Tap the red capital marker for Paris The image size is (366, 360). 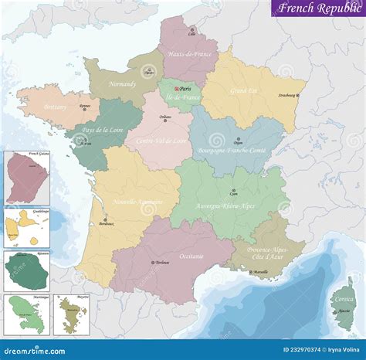coord(176,88)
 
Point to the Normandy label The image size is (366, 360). coord(122,83)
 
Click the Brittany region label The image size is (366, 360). coord(56,106)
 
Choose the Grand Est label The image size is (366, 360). coord(244,91)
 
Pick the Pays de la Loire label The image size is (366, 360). coord(101,132)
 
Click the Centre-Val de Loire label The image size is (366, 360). coord(162,141)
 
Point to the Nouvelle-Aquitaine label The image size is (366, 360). coord(138,202)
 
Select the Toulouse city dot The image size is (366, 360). coord(151,263)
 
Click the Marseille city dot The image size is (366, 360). coord(249,272)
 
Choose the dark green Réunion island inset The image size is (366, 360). coord(26,270)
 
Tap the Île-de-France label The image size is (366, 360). coord(178,98)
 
